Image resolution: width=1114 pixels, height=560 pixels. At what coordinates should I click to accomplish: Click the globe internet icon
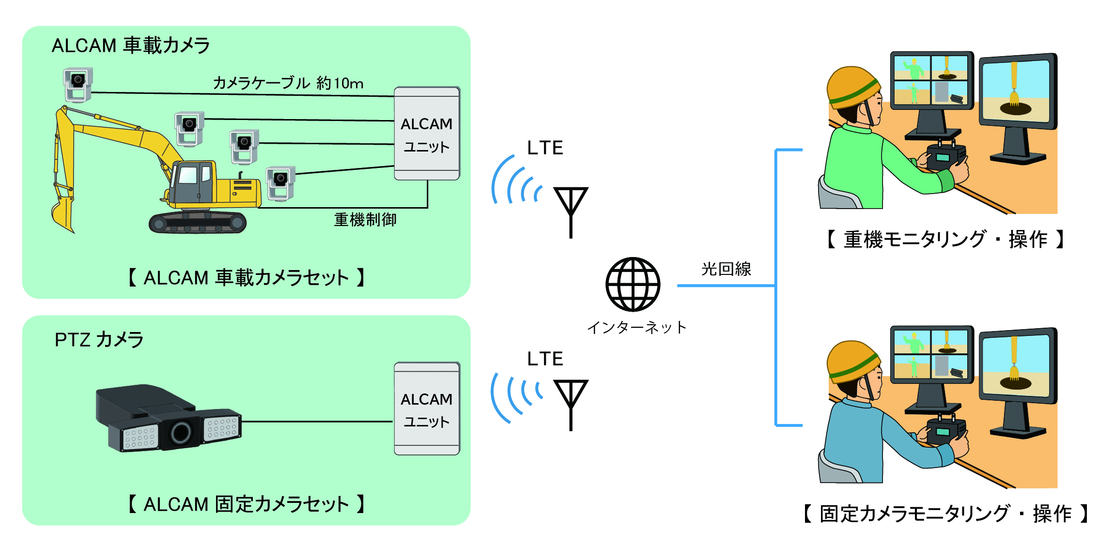coord(633,284)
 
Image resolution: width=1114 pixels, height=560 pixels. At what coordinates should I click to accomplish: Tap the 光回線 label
coord(726,269)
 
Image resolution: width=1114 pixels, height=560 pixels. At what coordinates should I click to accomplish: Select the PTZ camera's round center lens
coord(181,432)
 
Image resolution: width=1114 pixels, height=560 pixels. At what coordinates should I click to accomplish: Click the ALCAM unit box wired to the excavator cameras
coord(427,134)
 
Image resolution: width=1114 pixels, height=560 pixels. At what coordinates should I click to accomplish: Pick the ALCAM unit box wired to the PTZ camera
coord(427,409)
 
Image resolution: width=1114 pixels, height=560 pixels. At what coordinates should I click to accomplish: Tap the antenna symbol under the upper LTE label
coord(571,208)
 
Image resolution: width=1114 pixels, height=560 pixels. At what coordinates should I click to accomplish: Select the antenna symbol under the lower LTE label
coord(571,402)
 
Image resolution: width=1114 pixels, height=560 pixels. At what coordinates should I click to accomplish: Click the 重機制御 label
coord(365,220)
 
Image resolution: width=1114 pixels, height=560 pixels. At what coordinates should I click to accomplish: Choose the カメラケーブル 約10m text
coord(288,83)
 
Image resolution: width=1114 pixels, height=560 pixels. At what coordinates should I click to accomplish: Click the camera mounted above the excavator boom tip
coord(77,84)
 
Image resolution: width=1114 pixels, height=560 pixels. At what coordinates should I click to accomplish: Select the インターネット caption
coord(636,328)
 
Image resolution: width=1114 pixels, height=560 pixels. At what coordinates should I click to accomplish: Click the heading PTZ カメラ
coord(99,340)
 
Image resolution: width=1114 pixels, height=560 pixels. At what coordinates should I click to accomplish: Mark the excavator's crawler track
coord(198,223)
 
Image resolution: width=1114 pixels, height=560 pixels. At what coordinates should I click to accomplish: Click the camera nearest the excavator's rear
coord(280,183)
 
